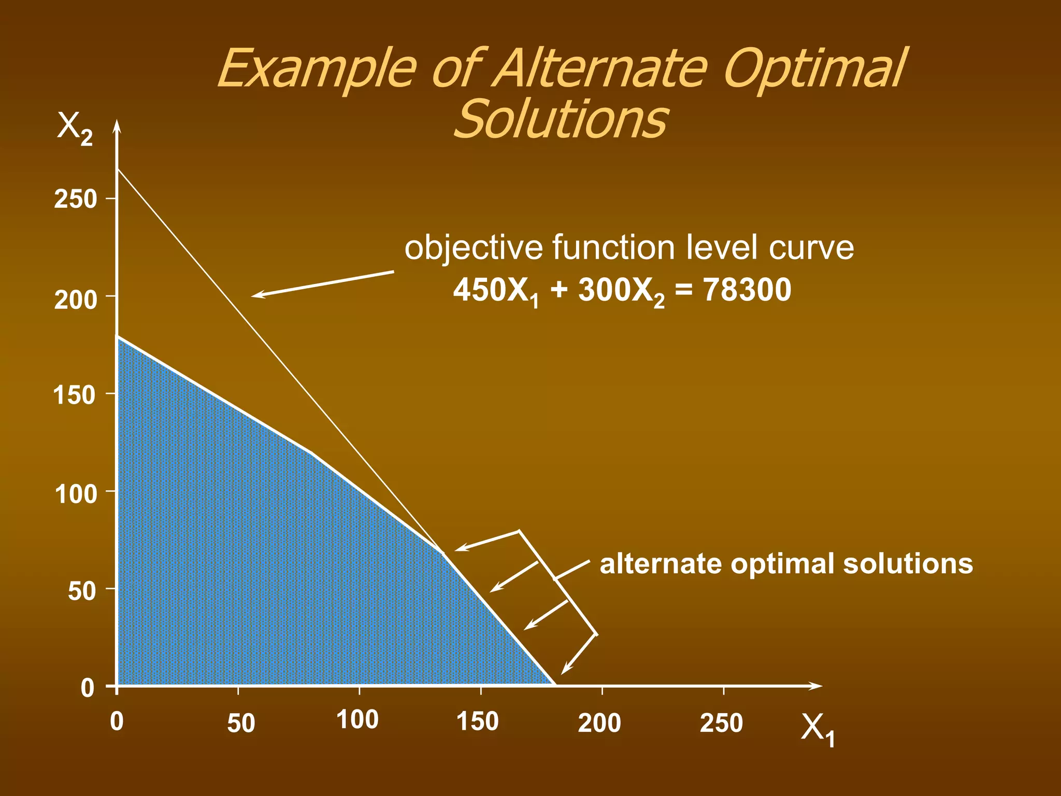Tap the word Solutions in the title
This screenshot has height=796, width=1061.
click(x=560, y=119)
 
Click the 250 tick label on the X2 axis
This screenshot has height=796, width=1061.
click(x=76, y=199)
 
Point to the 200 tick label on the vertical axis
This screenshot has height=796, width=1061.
click(x=76, y=300)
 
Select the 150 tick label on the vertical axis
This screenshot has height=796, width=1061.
click(x=75, y=395)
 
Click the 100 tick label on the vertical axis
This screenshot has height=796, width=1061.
click(x=76, y=494)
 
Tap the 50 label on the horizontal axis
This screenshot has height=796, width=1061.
click(x=241, y=723)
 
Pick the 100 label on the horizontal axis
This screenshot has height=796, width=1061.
click(x=357, y=720)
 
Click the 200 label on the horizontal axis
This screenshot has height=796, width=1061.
click(x=599, y=723)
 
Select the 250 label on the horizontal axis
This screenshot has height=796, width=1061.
click(x=721, y=723)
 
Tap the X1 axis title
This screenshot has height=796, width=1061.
click(x=818, y=730)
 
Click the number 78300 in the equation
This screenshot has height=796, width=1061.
click(x=747, y=290)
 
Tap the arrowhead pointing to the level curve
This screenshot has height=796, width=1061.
click(x=256, y=295)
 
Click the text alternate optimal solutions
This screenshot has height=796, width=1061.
click(x=786, y=563)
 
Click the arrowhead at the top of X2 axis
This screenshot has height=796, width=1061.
click(x=117, y=126)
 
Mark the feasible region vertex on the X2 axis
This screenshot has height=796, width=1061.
click(x=118, y=336)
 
